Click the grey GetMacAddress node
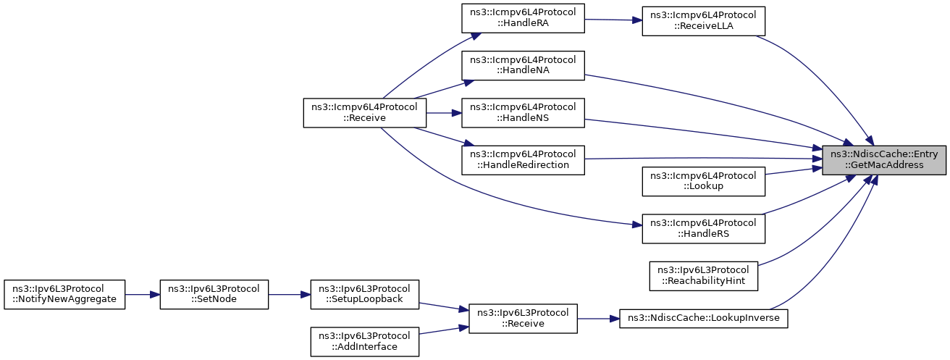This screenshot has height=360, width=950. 884,160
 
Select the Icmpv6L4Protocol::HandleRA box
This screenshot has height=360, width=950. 523,18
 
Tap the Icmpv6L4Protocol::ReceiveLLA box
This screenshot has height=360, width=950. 704,21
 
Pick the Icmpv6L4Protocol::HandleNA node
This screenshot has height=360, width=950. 523,65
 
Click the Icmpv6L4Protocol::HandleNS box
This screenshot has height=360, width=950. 523,113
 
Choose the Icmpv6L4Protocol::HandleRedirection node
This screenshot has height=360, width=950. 523,160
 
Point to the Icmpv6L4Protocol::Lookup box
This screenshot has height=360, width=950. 704,182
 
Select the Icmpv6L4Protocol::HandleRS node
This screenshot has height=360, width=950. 704,229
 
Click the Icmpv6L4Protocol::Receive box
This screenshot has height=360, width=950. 365,113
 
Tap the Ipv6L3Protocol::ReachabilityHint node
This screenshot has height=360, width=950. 704,276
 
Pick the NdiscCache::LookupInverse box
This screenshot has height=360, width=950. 704,319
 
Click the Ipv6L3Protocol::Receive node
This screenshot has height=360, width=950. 523,319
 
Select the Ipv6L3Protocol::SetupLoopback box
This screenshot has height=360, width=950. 365,294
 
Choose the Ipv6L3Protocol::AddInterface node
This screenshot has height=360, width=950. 365,342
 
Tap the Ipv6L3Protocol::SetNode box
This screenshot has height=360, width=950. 214,294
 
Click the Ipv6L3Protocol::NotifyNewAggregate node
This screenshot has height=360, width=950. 64,294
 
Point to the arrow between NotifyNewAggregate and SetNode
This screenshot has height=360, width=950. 143,294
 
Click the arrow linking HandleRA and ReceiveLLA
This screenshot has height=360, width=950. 613,20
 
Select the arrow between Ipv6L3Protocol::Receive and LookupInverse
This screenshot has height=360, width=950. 598,319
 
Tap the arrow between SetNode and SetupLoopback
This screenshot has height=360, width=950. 289,294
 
